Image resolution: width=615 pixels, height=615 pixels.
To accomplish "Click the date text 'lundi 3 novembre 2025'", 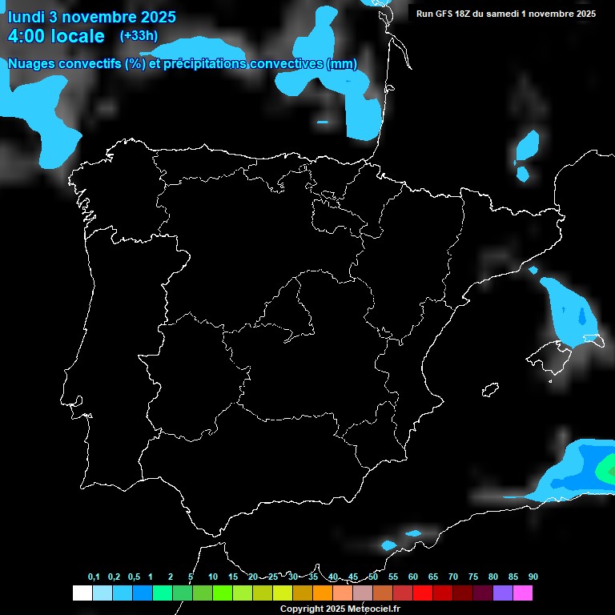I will (x=92, y=17).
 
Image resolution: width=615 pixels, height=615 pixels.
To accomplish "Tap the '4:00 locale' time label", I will (x=56, y=36).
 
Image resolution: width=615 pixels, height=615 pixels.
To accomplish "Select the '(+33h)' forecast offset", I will (x=139, y=35).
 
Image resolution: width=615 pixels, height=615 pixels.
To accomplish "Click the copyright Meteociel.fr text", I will (x=340, y=609).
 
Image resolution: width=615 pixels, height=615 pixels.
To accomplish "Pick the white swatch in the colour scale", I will (x=82, y=593).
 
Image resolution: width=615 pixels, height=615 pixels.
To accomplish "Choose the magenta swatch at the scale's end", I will (x=522, y=593).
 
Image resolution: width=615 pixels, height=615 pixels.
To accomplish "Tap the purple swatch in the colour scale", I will (x=502, y=593).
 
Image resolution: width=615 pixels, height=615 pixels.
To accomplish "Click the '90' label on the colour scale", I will (x=533, y=577).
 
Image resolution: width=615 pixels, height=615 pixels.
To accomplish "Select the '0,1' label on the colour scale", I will (x=94, y=577).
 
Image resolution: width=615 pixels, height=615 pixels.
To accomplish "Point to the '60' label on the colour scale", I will (x=412, y=577).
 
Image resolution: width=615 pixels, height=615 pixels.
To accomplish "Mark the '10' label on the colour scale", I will (x=212, y=577).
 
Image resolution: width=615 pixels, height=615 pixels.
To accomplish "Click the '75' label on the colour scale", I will (x=472, y=577).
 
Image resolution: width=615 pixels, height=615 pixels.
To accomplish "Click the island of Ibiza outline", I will (x=489, y=390).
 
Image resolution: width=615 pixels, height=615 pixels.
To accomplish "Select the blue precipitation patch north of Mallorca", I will (x=570, y=308).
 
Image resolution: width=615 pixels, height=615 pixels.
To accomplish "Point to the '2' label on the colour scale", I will (x=171, y=577).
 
